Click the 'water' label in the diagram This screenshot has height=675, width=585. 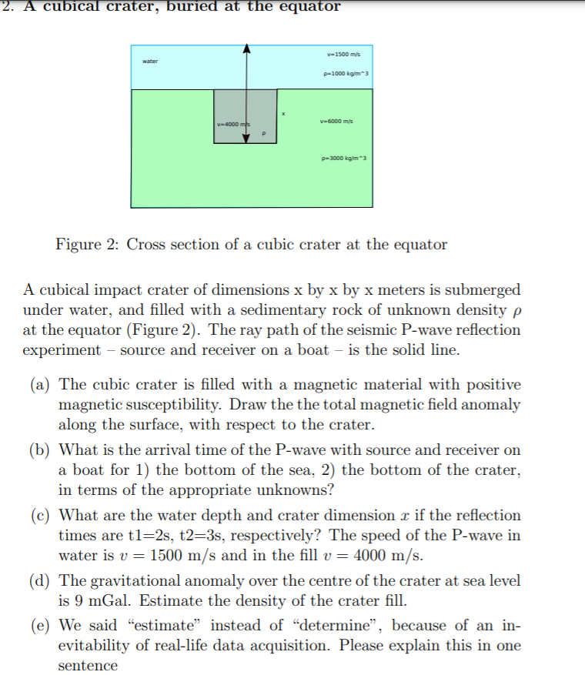[x=149, y=61]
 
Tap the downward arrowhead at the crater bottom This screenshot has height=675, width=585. [x=246, y=138]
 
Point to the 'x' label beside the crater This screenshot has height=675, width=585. [x=283, y=115]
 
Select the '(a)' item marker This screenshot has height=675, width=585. [x=40, y=384]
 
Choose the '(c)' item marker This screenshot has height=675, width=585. [x=40, y=515]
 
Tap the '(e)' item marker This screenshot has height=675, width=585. [x=40, y=626]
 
